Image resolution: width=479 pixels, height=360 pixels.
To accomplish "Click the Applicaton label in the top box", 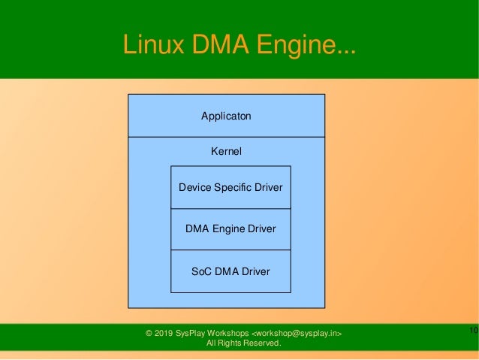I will coord(226,116).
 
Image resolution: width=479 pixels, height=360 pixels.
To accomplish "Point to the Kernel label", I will coord(226,151).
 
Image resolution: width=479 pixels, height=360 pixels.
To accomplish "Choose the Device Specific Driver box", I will coord(230,187).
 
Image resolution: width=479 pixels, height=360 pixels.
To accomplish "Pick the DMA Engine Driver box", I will coord(230,228).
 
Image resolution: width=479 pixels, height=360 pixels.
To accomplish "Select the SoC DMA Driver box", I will coord(230,271).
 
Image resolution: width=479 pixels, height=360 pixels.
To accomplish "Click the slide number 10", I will coord(473,331).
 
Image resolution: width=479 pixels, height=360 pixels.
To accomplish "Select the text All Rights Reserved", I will coord(243,344).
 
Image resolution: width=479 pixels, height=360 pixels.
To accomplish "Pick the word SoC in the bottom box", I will coord(201,271).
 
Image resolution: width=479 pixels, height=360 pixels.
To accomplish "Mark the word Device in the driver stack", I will coord(194,186).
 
